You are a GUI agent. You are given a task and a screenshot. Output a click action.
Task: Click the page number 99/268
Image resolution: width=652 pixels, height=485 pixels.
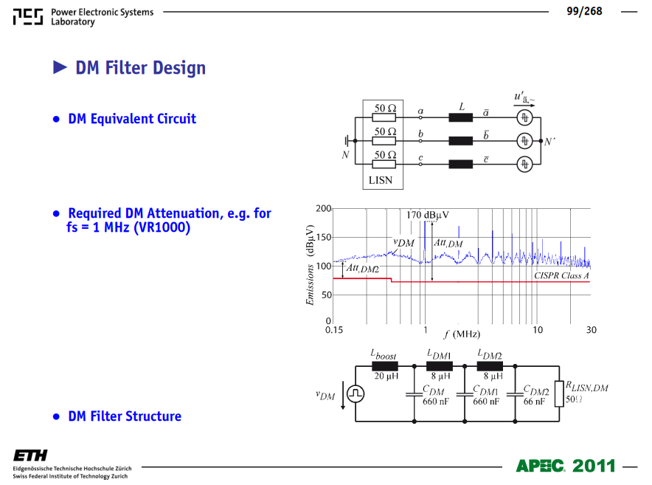tap(584, 11)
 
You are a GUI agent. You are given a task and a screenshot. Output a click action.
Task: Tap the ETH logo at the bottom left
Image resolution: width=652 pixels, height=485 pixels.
tap(30, 455)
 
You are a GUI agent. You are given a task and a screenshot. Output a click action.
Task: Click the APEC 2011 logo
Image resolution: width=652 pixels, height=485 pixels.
tap(566, 466)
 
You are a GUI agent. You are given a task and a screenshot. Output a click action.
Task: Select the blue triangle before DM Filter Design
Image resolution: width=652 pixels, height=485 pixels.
tap(60, 67)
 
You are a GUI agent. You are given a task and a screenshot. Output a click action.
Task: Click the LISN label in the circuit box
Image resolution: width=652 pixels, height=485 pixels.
tap(381, 180)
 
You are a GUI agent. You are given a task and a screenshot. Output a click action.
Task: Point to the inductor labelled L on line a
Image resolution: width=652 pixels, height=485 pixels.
tap(461, 118)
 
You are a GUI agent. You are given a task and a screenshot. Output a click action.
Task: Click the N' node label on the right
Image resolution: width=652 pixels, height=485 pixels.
tap(549, 142)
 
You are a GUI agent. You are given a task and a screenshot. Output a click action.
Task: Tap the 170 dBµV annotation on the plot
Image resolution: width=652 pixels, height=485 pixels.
tap(428, 215)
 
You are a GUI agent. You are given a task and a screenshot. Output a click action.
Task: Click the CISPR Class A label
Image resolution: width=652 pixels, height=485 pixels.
tap(562, 275)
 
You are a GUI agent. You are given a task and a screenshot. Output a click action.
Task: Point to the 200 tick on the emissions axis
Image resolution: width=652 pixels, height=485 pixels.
tap(323, 208)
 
